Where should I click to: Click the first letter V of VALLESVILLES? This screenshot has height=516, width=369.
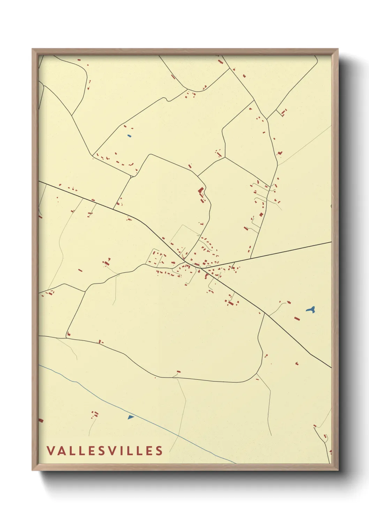[51, 450]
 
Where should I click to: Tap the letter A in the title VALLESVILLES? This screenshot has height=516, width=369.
[61, 450]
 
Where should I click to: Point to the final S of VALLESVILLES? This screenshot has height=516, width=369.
[159, 450]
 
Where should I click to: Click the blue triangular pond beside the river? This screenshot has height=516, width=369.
[130, 417]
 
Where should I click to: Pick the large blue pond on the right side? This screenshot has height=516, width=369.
[310, 309]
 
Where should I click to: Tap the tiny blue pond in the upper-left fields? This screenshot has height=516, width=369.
[129, 136]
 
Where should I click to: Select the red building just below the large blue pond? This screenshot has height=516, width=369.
[297, 318]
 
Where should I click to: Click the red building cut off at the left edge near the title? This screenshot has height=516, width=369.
[40, 420]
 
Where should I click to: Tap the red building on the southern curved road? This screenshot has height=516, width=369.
[179, 372]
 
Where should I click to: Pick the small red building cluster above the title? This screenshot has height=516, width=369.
[95, 414]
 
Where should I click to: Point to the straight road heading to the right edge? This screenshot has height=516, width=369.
[279, 252]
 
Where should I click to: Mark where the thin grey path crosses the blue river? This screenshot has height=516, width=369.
[179, 435]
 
